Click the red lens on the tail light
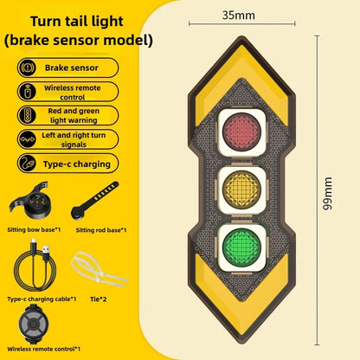241,132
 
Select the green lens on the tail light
241,247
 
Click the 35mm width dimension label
239,15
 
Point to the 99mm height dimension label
327,194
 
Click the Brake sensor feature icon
27,67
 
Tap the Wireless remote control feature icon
27,92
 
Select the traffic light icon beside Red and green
27,115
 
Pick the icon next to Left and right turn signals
27,139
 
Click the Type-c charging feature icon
27,164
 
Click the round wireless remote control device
34,324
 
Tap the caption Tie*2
98,299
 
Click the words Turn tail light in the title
77,22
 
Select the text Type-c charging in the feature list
77,164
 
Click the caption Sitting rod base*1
101,230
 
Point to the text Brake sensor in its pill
72,67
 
